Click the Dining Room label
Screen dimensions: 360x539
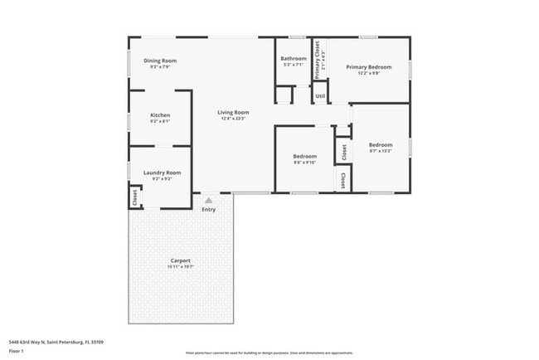[x=160, y=61]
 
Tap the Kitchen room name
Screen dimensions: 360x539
[x=160, y=115]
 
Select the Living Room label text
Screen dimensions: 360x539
[x=233, y=112]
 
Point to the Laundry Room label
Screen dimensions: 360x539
[x=162, y=173]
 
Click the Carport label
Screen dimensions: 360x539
[x=181, y=260]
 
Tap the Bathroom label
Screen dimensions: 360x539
[x=294, y=58]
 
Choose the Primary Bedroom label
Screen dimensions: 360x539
[x=368, y=66]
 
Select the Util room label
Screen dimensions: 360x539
[x=320, y=96]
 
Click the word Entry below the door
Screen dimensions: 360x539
[x=208, y=209]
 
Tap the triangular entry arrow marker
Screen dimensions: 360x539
[x=208, y=199]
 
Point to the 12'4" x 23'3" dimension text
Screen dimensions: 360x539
[x=233, y=119]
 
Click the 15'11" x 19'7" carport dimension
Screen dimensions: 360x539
[x=181, y=267]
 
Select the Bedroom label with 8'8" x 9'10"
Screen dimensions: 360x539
[x=304, y=156]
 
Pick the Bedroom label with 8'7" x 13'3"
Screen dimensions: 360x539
[x=381, y=145]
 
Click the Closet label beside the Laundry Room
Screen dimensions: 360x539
[x=134, y=197]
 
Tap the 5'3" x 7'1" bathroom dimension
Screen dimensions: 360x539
[x=294, y=65]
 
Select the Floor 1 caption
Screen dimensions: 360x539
[x=16, y=350]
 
